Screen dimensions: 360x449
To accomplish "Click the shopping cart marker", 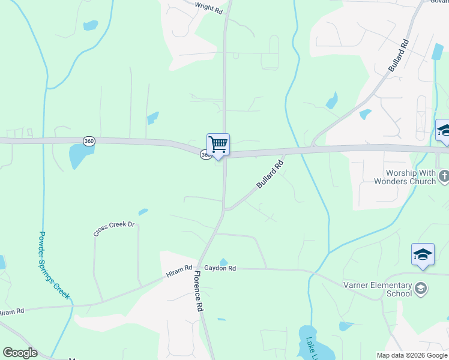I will pos(218,145).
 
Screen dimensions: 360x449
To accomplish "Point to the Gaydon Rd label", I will pos(220,268).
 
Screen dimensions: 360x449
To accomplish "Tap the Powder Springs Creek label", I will pos(54,266).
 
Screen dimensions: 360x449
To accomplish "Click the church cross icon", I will pos(444,176).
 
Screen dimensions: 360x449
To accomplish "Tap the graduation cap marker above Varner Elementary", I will pos(423,254).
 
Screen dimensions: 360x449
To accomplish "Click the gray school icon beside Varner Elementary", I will pos(421,289).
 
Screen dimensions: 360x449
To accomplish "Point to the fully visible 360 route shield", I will pos(89,141).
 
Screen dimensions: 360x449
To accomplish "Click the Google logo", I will pos(20,353).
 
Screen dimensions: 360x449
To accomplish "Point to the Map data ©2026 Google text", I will pos(411,355).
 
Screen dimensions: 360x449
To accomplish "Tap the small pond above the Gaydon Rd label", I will pos(223,261).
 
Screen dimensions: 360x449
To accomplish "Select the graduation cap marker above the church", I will pos(444,131).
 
